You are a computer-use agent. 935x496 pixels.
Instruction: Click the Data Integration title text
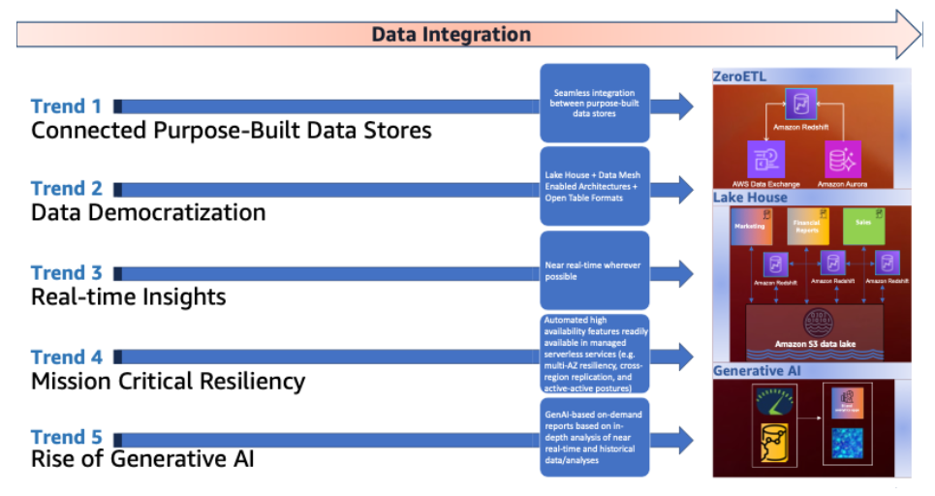coord(452,35)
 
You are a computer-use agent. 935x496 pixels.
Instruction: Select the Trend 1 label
coord(66,106)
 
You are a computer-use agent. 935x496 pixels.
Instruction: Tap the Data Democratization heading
coord(148,212)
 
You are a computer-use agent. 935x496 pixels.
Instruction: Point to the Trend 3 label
coord(66,272)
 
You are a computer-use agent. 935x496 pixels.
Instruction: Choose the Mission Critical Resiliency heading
coord(168,381)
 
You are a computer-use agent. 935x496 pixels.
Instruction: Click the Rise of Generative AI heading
coord(142,457)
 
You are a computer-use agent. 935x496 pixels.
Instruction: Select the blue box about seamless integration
coord(594,104)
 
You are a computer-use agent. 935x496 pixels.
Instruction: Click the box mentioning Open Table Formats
coord(594,186)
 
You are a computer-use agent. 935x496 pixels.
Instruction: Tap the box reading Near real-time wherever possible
coord(594,270)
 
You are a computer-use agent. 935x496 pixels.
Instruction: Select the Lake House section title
coord(750,198)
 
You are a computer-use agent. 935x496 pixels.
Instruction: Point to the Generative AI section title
coord(756,370)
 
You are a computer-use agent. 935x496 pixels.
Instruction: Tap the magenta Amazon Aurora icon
coord(842,157)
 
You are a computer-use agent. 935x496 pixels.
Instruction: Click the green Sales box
coord(863,225)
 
